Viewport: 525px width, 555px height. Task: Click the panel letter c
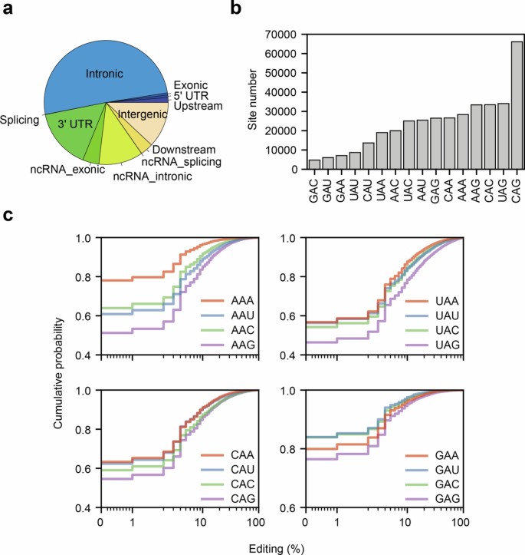pyautogui.click(x=8, y=216)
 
